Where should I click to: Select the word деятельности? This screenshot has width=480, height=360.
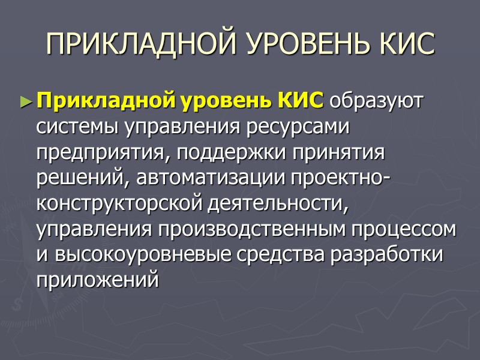tap(278, 204)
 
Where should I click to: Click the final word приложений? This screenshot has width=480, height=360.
tap(98, 280)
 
